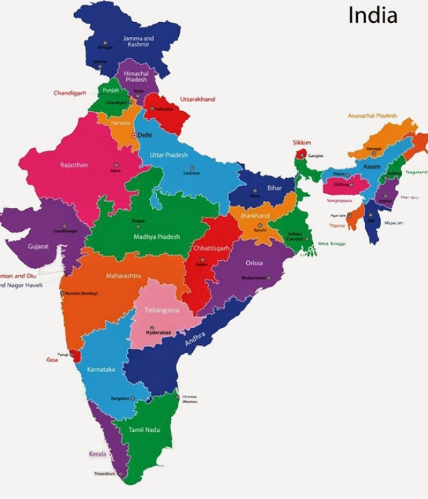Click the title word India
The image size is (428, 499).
click(372, 15)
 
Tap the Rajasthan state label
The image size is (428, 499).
click(74, 165)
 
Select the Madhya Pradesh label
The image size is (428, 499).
click(156, 237)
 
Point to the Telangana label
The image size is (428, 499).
click(160, 310)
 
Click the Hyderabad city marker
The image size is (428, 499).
click(151, 328)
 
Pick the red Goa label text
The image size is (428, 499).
click(52, 359)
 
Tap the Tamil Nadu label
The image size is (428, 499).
click(145, 430)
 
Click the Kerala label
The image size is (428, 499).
click(97, 453)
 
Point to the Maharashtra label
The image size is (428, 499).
click(123, 275)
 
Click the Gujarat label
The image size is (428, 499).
click(39, 246)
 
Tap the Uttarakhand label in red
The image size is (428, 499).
click(198, 99)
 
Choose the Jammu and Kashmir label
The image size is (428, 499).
click(138, 41)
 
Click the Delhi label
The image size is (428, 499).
click(145, 135)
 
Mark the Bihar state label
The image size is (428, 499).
click(275, 187)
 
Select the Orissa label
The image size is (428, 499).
click(254, 263)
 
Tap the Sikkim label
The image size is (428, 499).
click(302, 143)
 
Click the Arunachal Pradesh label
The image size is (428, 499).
click(372, 115)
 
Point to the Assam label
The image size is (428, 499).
click(372, 166)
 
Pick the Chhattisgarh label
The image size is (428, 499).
click(210, 248)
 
